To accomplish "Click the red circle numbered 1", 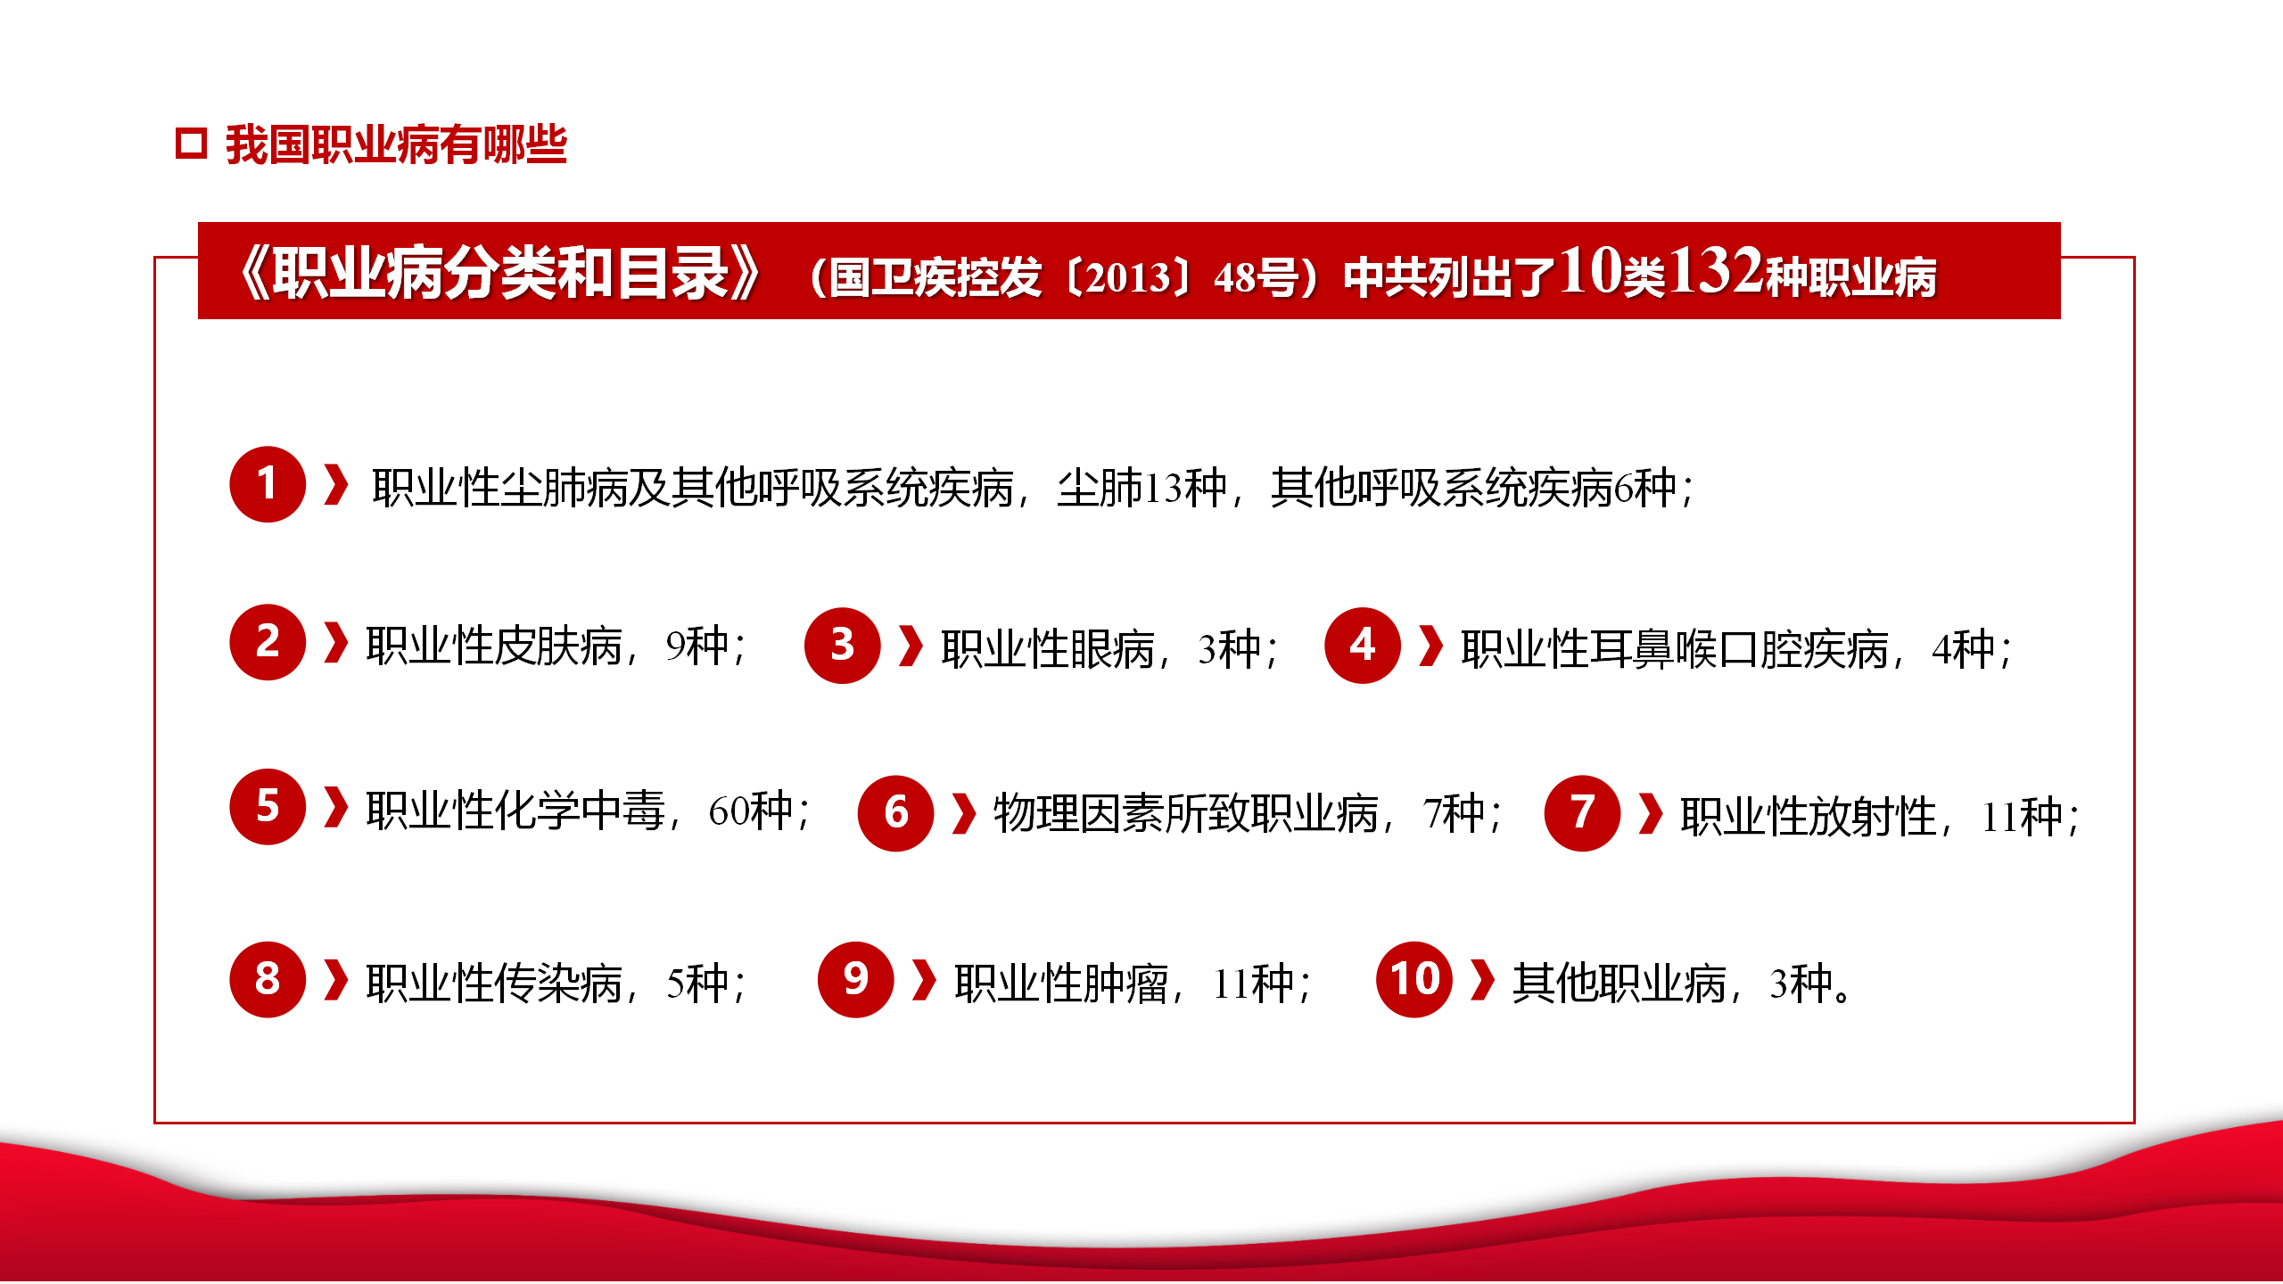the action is [x=268, y=484].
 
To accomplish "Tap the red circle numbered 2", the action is [x=268, y=642].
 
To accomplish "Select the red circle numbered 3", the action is [x=842, y=646].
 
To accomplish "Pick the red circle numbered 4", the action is [x=1362, y=646].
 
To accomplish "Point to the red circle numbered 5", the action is [x=268, y=806].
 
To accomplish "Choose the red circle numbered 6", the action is [x=895, y=813].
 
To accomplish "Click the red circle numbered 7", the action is [x=1582, y=813].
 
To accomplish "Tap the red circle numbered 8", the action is [x=268, y=979].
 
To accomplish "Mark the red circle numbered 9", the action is [x=855, y=979].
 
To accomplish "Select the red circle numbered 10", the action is [x=1414, y=979].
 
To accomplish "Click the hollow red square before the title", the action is [x=191, y=144].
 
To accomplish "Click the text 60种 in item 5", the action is [x=750, y=811].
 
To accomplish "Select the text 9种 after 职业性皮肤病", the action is [x=697, y=646].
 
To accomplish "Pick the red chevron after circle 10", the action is [x=1482, y=980].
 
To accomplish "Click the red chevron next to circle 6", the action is [x=964, y=813].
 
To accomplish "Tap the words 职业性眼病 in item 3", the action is [x=1048, y=649].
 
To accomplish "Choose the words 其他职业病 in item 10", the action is [x=1620, y=984].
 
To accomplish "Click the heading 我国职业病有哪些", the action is [x=396, y=144].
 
